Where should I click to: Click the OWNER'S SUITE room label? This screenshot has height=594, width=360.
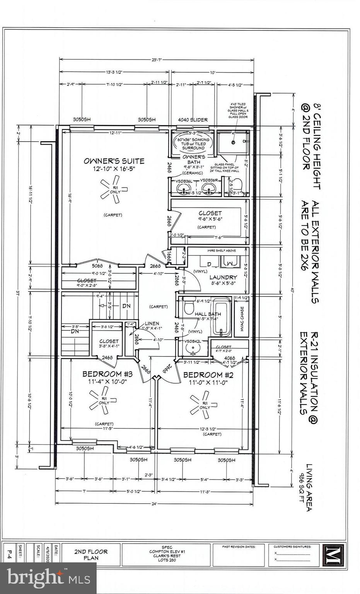(x=114, y=161)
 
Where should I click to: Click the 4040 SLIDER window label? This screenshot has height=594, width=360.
(x=193, y=119)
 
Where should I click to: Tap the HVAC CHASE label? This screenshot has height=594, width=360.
(x=242, y=319)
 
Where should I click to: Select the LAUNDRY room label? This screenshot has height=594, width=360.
(x=223, y=277)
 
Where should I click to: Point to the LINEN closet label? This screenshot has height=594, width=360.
(x=152, y=323)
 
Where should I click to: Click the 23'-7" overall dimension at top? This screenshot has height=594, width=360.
(x=156, y=60)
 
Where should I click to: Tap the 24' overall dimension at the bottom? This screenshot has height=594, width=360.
(x=154, y=503)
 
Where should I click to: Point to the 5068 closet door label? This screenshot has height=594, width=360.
(x=97, y=266)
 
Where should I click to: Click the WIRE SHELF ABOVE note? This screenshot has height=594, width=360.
(x=222, y=251)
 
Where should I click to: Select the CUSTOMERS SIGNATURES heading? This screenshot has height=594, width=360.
(x=292, y=547)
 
